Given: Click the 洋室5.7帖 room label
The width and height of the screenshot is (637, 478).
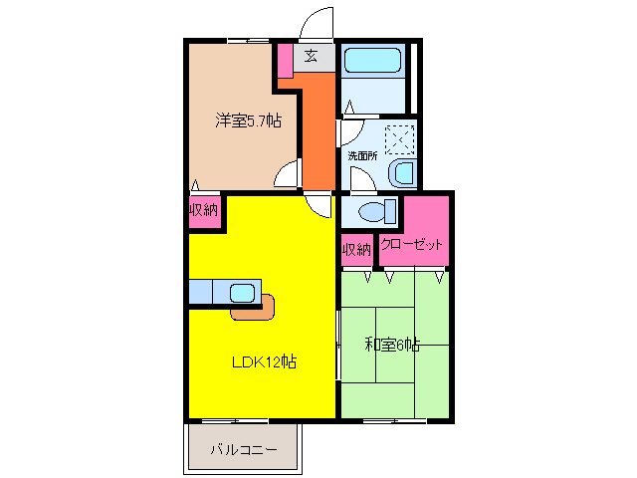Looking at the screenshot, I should point(248,121).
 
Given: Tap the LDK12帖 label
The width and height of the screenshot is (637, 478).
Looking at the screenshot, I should point(264,361).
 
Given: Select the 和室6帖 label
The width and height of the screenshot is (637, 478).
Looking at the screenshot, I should point(391,345).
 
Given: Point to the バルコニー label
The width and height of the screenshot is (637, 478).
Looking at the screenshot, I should point(243,450).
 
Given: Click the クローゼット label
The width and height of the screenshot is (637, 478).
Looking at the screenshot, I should point(412,246).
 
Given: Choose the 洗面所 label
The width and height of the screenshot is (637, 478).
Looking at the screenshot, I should point(362,155).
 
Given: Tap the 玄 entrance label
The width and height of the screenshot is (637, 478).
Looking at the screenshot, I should point(312,56).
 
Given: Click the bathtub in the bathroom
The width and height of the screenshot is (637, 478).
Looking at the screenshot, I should point(372,61).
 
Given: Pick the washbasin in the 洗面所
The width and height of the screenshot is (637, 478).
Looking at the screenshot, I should point(404,173).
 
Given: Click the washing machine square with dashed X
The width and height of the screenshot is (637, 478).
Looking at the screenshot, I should point(400,136).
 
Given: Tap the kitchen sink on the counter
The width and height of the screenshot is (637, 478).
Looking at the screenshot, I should point(243,293).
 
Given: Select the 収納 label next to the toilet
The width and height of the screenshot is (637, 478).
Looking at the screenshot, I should point(357,248).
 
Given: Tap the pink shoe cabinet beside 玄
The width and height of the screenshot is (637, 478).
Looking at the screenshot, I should point(285,60).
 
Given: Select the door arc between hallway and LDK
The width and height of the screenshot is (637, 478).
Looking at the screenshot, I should point(320,204).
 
